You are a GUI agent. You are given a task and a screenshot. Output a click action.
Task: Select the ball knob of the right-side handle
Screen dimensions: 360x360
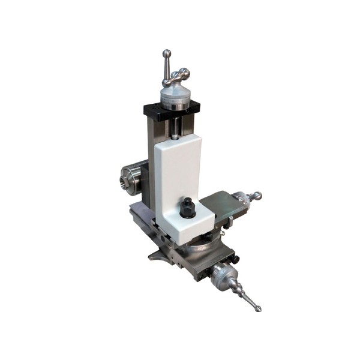click(257, 196)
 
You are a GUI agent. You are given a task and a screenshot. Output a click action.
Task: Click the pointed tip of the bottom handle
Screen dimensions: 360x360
click(257, 308)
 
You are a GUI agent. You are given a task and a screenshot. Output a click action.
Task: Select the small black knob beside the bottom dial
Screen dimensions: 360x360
click(236, 260)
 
